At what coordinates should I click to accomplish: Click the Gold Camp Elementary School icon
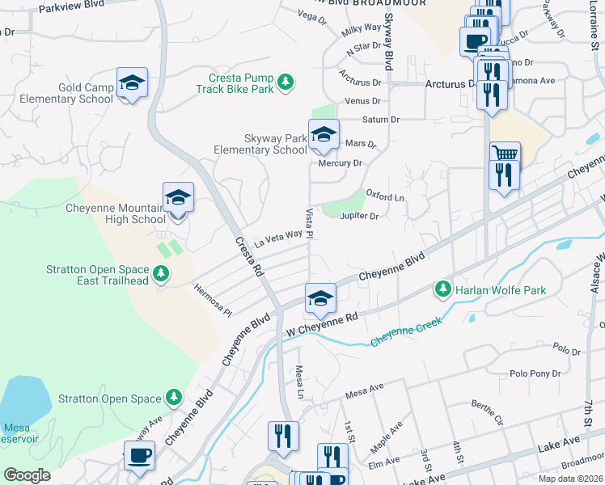tap(132, 83)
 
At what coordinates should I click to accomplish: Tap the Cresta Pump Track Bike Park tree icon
tap(285, 82)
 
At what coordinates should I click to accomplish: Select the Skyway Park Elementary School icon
tap(323, 136)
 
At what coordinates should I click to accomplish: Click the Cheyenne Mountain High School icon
tap(178, 199)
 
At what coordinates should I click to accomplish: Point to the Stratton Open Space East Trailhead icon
tap(162, 274)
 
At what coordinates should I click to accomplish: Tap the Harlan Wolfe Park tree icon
tap(442, 289)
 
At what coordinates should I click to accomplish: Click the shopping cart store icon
tap(505, 154)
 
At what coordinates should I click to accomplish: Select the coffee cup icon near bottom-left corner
tap(139, 456)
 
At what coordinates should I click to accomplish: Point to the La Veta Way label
tap(277, 237)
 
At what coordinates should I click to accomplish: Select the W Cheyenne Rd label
tap(321, 325)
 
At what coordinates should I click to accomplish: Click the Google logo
tap(27, 475)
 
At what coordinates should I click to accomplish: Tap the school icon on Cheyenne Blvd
tap(320, 299)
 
